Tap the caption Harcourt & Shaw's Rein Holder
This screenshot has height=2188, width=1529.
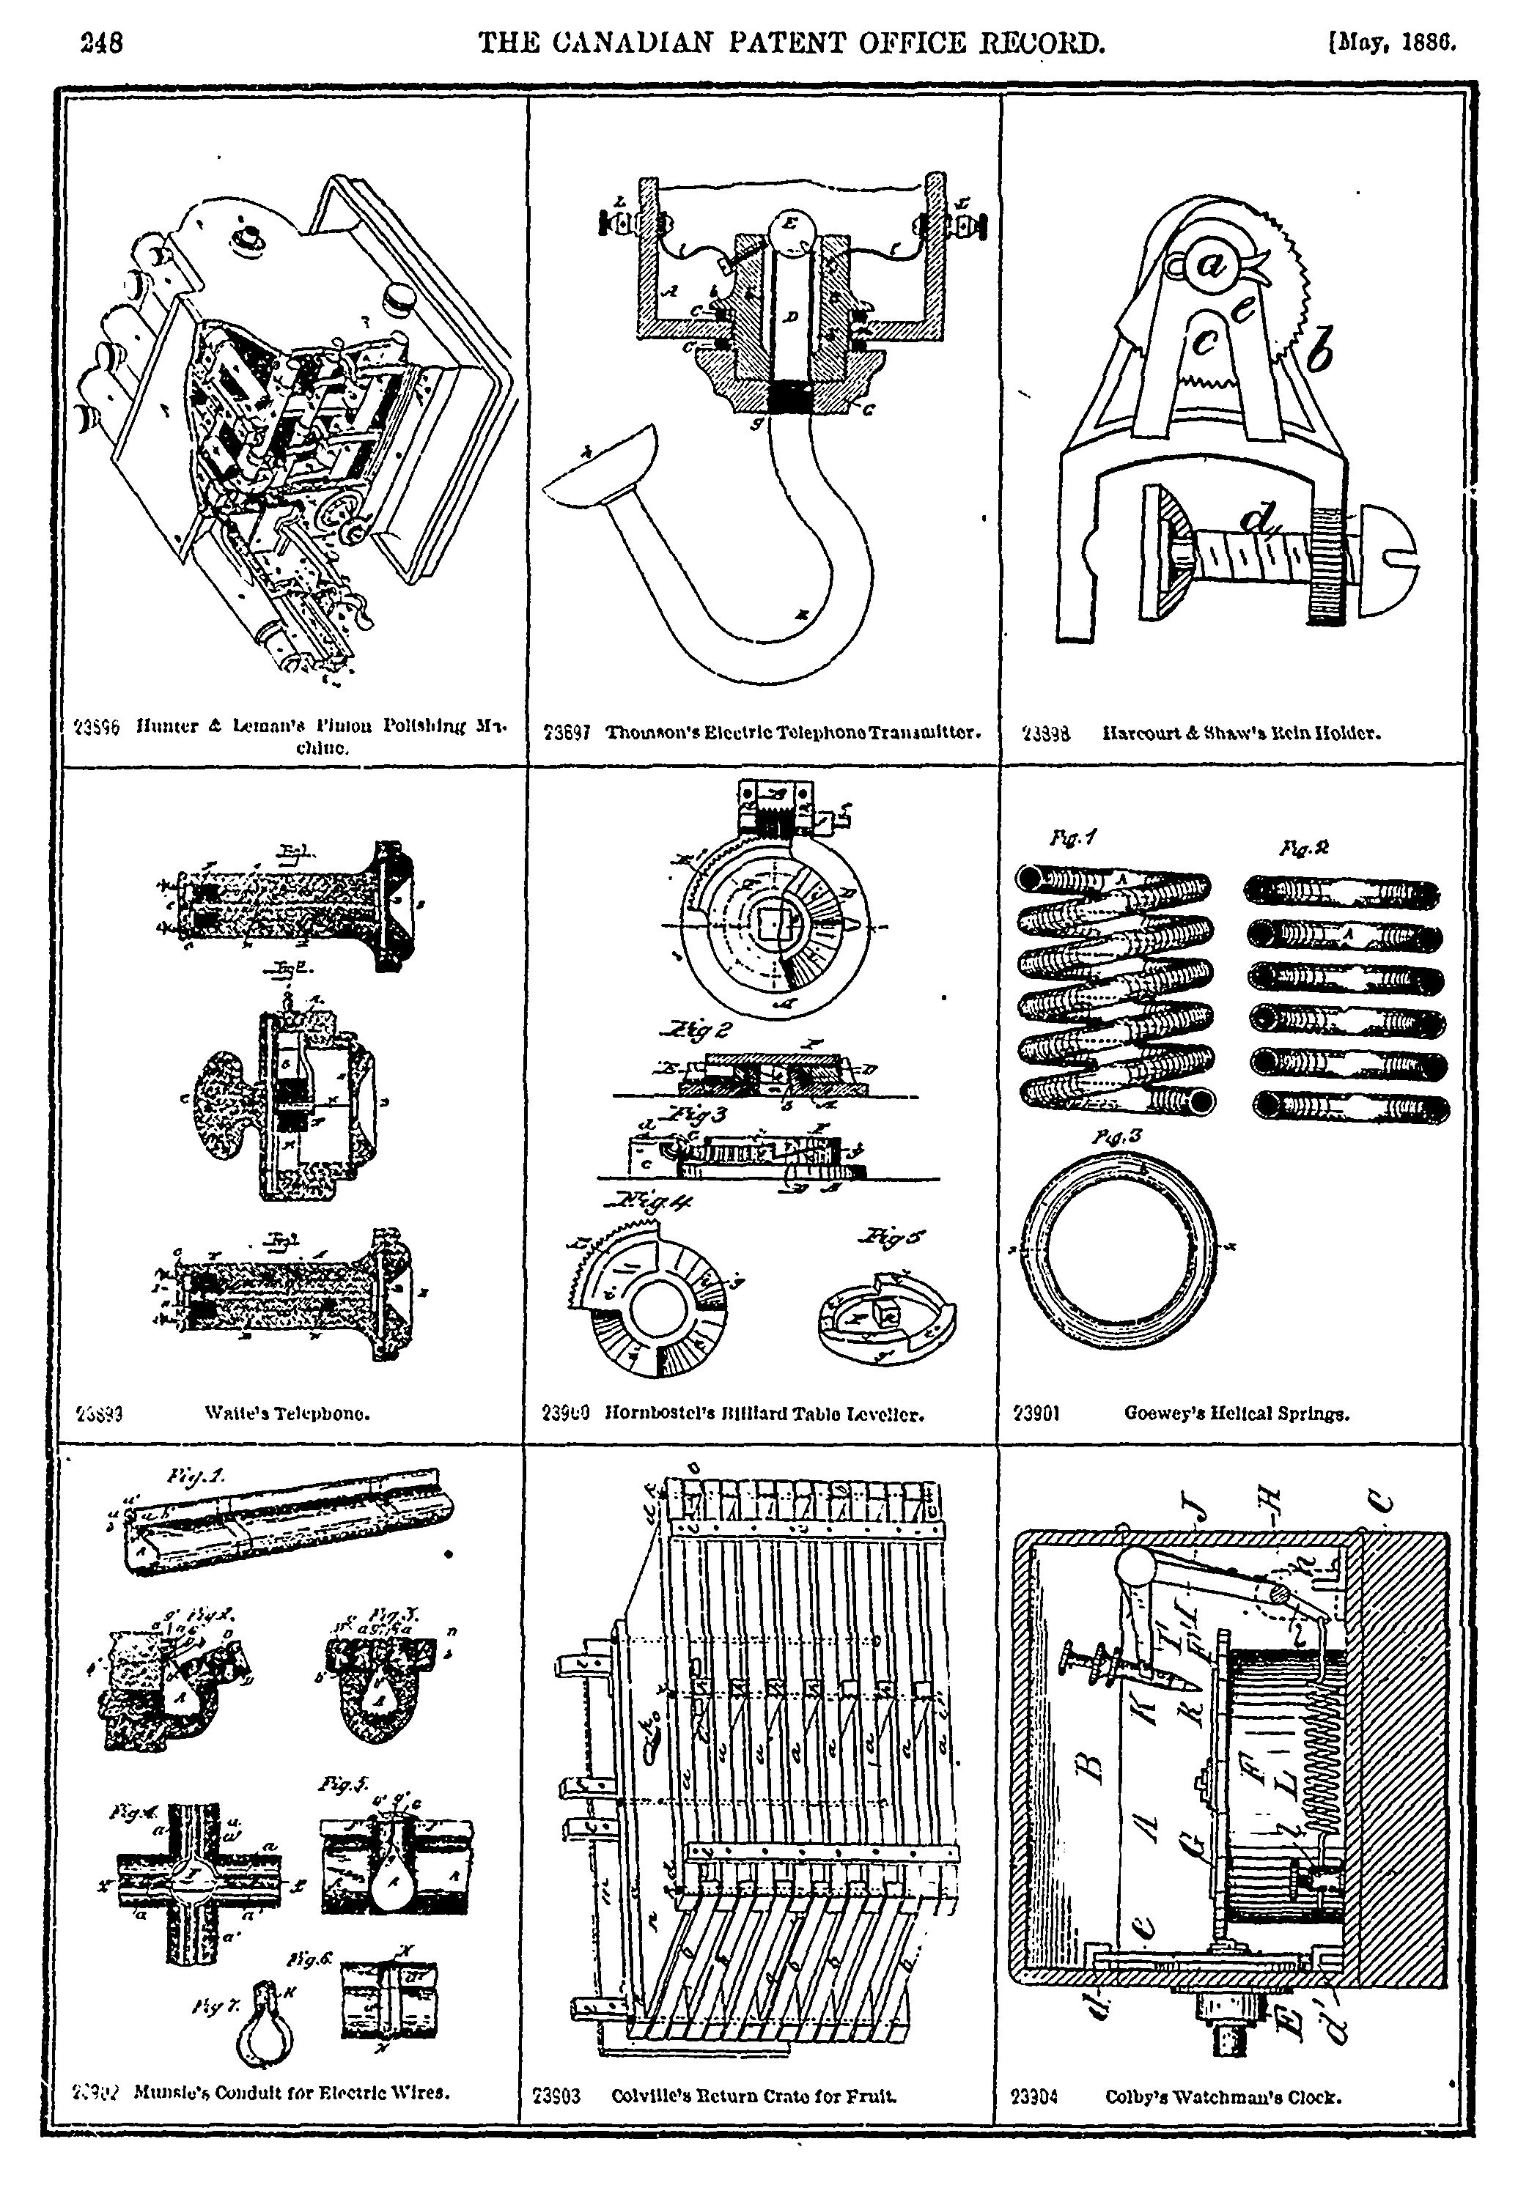click(x=1241, y=733)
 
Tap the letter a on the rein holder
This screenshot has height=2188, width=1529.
click(x=1214, y=267)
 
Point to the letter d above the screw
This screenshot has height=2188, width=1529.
click(x=1259, y=520)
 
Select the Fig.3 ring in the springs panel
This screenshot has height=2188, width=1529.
click(x=1121, y=1246)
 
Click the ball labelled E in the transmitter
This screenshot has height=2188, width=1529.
click(x=791, y=229)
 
